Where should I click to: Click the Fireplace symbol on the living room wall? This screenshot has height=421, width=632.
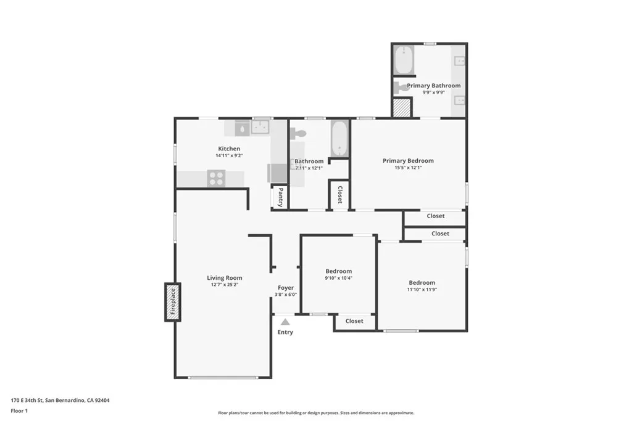tap(172, 301)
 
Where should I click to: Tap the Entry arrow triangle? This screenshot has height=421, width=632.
tap(285, 322)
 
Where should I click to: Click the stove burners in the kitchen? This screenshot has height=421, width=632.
tap(216, 178)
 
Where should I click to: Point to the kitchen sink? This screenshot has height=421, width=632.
tap(261, 127)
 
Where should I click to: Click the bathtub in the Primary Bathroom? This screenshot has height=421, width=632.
tap(404, 60)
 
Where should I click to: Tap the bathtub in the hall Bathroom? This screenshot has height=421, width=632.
tap(339, 139)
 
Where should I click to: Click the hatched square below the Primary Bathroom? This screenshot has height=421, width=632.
tap(402, 108)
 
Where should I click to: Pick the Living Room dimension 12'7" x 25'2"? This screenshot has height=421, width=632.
tap(224, 284)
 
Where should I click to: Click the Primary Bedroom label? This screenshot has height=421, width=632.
tap(408, 160)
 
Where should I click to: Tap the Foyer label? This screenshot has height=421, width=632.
tap(286, 287)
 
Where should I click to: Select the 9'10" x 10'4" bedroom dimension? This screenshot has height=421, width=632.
tap(338, 278)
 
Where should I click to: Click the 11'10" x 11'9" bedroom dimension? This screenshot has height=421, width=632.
tap(422, 289)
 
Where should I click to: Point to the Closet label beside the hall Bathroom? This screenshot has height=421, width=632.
tap(339, 195)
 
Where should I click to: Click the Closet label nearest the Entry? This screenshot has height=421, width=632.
tap(354, 321)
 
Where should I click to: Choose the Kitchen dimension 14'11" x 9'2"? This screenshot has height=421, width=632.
tap(229, 155)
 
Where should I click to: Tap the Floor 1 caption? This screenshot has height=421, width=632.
tap(19, 410)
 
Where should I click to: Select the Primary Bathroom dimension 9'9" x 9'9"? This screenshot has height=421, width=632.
tap(433, 92)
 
